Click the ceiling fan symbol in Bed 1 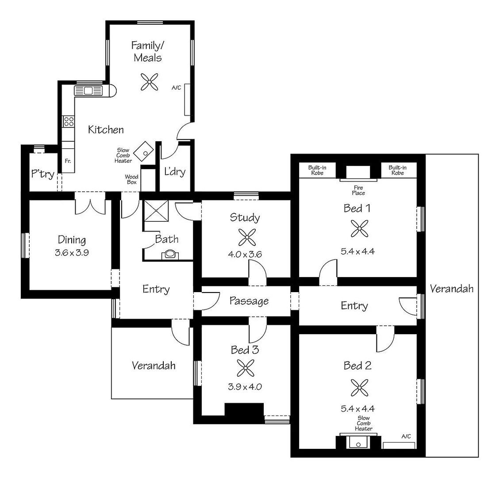[358, 229]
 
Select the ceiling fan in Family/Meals [150, 81]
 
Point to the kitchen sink [88, 91]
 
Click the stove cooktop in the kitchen [68, 121]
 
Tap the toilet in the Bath [169, 254]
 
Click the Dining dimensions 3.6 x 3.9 [72, 254]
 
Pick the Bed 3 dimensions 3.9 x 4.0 [245, 386]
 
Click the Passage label [249, 301]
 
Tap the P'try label [42, 174]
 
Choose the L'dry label [175, 172]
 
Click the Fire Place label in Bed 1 [358, 190]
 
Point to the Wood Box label [131, 180]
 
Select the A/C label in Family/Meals [177, 88]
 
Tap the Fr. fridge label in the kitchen [68, 161]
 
